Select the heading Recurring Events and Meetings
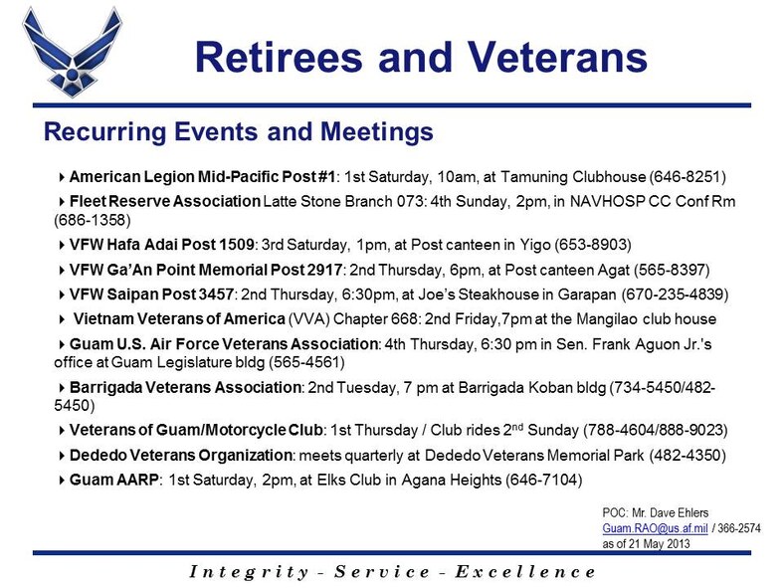point(239,132)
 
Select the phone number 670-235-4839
point(675,294)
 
